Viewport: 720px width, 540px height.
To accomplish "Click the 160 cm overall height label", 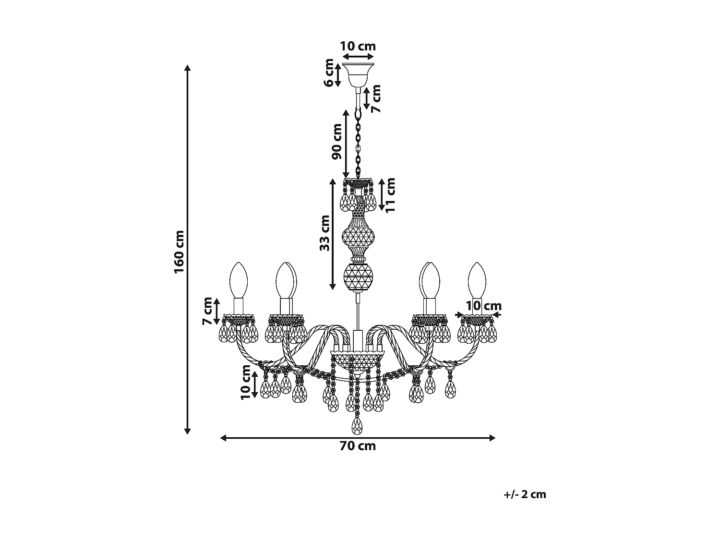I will (180, 252).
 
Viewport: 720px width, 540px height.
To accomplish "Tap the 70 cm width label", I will (358, 446).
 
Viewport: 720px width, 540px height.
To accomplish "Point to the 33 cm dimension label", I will (325, 233).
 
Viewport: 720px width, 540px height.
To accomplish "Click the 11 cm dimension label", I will (390, 195).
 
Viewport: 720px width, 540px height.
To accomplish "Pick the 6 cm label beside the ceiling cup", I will (329, 72).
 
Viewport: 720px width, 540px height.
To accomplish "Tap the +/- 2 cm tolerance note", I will (525, 494).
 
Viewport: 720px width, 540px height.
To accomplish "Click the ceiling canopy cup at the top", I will (358, 72).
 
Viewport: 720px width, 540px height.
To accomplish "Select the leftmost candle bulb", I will (238, 280).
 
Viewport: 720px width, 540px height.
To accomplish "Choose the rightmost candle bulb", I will (477, 280).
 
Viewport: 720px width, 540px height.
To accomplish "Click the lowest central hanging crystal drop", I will (357, 425).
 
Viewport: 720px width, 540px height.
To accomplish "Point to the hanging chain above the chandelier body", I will (358, 144).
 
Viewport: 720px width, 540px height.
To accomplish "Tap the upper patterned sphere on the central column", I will (358, 237).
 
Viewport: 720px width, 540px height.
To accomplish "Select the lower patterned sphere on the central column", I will (358, 277).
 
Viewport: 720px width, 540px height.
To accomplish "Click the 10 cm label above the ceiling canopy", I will (358, 46).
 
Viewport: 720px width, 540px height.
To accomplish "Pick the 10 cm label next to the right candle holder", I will (484, 306).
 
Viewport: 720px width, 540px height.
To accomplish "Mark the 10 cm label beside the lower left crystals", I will (246, 382).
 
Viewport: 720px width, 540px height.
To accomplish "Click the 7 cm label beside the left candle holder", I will (207, 311).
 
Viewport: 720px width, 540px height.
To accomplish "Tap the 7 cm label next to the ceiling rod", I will (376, 99).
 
